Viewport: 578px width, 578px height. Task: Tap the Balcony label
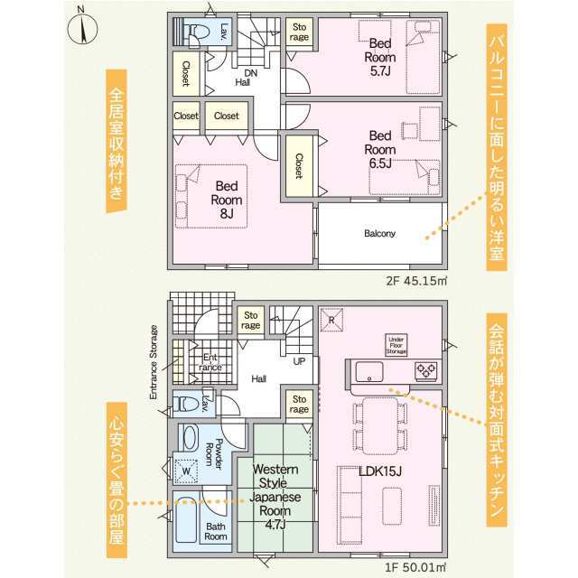tap(379, 233)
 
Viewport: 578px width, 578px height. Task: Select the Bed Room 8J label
tap(227, 200)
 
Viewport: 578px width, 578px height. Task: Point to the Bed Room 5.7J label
tap(380, 57)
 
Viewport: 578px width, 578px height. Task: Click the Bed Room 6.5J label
tap(380, 150)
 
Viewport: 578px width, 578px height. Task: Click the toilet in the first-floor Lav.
tap(187, 404)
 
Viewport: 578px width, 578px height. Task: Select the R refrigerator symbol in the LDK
tap(331, 320)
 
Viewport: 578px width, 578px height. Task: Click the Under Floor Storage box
tap(396, 345)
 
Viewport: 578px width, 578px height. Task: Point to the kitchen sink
tap(369, 371)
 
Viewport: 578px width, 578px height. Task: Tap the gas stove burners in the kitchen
tap(426, 370)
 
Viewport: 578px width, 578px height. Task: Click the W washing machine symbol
tap(186, 471)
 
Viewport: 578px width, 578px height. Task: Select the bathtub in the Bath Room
tap(186, 520)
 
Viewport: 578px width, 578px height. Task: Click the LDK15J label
tap(379, 471)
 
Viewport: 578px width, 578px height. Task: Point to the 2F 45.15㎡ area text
tap(416, 281)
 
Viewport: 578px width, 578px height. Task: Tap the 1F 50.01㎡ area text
tap(415, 566)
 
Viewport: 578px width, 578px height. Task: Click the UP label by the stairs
tap(299, 361)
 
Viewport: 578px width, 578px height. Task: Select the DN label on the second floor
tap(251, 73)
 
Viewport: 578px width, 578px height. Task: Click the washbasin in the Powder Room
tap(191, 437)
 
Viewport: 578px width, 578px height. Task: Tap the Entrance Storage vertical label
tap(154, 362)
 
